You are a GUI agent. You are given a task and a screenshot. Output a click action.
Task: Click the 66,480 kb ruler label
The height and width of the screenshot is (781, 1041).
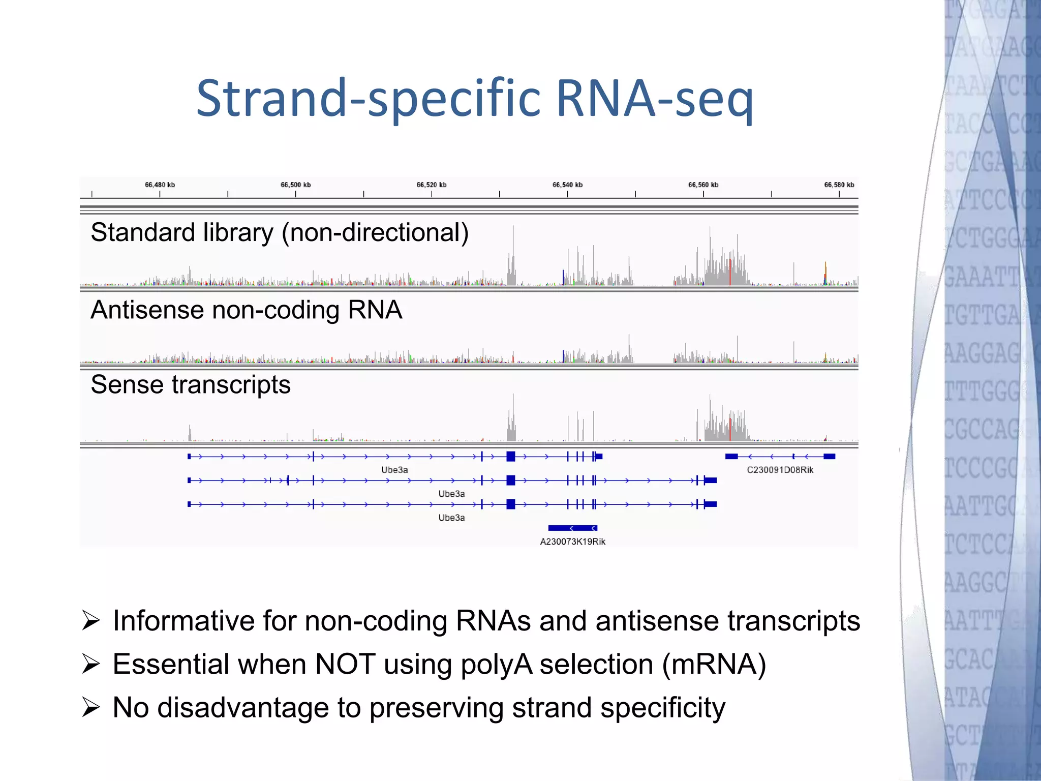160,185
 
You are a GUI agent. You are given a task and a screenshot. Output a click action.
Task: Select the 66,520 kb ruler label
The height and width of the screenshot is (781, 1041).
432,185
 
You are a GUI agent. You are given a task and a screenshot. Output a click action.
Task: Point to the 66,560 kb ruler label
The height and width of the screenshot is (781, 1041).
703,185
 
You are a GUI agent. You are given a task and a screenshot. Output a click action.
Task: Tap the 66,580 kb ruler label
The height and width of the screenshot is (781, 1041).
839,185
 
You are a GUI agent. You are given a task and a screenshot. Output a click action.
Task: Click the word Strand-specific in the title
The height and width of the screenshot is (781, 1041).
369,98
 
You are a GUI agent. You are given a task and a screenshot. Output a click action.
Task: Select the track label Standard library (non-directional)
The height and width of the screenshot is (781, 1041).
280,233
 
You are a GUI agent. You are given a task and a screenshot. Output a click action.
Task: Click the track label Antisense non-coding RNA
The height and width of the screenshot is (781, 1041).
246,310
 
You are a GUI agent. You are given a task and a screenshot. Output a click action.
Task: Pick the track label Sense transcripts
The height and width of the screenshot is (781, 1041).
191,385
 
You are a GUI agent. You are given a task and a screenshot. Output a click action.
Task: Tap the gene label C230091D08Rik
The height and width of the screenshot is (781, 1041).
780,470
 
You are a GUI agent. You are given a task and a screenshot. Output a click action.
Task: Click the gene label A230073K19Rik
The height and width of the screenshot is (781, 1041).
572,542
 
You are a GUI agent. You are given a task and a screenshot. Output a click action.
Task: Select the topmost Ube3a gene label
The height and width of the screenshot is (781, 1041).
394,470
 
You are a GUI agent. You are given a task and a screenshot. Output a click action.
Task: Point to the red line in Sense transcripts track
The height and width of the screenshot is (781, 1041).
730,430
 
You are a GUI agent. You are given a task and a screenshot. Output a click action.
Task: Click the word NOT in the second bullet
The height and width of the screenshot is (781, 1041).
345,665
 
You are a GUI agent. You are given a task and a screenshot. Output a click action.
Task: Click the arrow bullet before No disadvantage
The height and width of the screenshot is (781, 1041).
90,707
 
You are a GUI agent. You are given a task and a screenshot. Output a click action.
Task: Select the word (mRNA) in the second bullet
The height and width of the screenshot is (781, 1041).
714,665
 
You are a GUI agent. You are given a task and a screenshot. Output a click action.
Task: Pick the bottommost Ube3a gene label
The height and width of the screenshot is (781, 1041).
451,518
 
